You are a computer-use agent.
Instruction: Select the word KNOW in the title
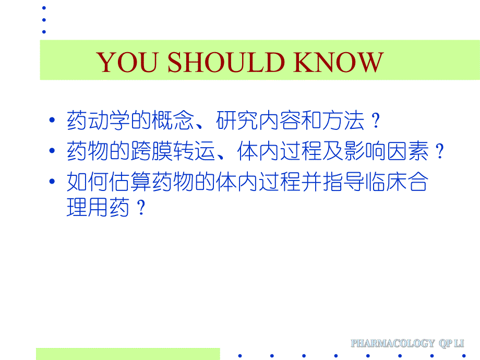coord(339,63)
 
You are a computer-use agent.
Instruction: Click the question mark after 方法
coord(375,122)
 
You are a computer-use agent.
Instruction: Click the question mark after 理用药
coord(139,209)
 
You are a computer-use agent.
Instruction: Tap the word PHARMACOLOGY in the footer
coord(392,343)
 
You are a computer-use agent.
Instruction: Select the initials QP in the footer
coord(447,343)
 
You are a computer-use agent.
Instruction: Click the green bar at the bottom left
coord(128,354)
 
